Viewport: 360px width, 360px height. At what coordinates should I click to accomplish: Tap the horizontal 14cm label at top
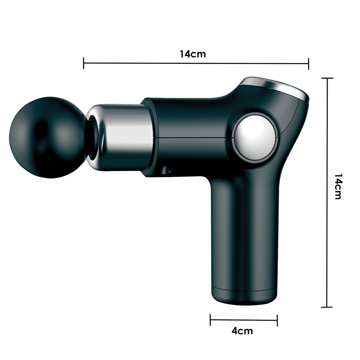(x=193, y=54)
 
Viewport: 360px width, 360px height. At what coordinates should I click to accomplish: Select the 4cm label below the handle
(x=242, y=331)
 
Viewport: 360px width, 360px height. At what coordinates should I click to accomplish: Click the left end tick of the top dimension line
(x=84, y=63)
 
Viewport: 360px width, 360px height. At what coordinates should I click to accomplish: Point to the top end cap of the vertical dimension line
(x=327, y=79)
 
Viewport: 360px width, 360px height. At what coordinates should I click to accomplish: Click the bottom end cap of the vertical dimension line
(x=327, y=307)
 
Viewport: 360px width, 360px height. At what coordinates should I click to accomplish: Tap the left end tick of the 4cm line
(x=210, y=320)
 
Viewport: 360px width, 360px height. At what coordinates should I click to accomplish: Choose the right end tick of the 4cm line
(x=277, y=320)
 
